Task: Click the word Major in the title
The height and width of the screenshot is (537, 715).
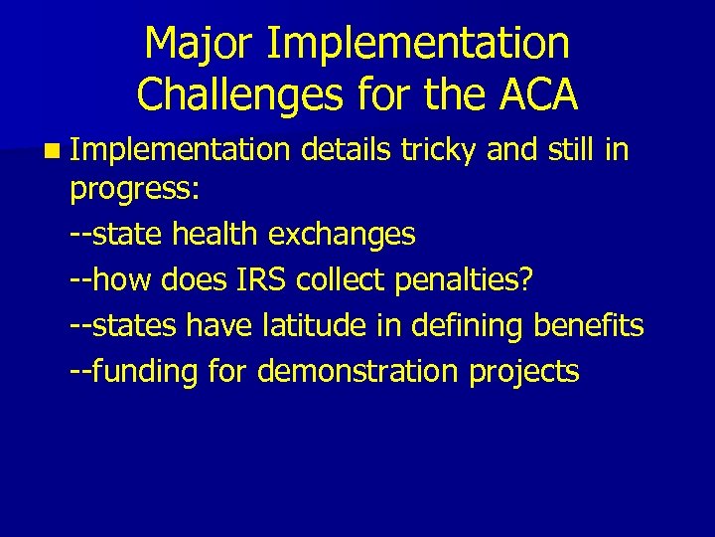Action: pos(197,45)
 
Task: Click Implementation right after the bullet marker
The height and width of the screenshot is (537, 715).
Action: pos(179,150)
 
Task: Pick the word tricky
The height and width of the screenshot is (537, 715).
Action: pos(439,150)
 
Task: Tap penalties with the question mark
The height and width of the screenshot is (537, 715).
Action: pos(464,280)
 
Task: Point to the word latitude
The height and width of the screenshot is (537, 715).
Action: pos(306,326)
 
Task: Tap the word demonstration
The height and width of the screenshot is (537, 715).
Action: pos(356,372)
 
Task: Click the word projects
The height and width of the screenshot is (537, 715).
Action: pos(523,372)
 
